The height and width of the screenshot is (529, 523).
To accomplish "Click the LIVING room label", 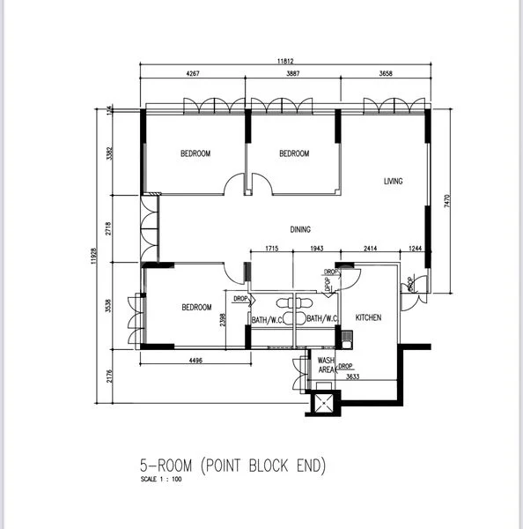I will [393, 182].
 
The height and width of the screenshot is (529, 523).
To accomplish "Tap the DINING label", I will [300, 230].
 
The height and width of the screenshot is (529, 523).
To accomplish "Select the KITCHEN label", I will [367, 317].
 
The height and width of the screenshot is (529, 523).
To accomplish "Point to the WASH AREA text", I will [326, 366].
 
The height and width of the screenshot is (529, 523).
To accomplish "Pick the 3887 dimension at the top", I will [293, 75].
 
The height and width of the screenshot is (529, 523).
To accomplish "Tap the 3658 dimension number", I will [385, 75].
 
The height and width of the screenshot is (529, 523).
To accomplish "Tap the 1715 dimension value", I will [271, 250].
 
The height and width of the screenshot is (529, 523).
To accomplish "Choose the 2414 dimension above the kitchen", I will [370, 250].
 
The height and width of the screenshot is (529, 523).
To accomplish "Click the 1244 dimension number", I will [415, 250].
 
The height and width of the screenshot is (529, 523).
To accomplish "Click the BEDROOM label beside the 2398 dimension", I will [196, 308].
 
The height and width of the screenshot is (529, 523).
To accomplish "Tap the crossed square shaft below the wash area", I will [322, 403].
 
